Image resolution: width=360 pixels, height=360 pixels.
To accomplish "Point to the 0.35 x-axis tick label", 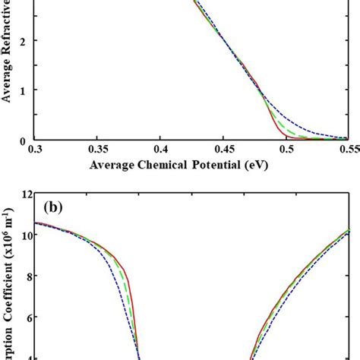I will (x=96, y=150).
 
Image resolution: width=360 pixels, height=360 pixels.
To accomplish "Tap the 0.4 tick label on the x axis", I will (x=160, y=150).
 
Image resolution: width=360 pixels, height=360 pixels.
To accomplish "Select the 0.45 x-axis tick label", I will (x=223, y=150).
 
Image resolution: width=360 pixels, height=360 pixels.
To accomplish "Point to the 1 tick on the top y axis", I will (x=23, y=90).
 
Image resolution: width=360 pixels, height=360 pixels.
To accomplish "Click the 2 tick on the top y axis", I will (x=23, y=41).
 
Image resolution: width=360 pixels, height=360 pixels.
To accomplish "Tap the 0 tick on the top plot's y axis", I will (x=23, y=140).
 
